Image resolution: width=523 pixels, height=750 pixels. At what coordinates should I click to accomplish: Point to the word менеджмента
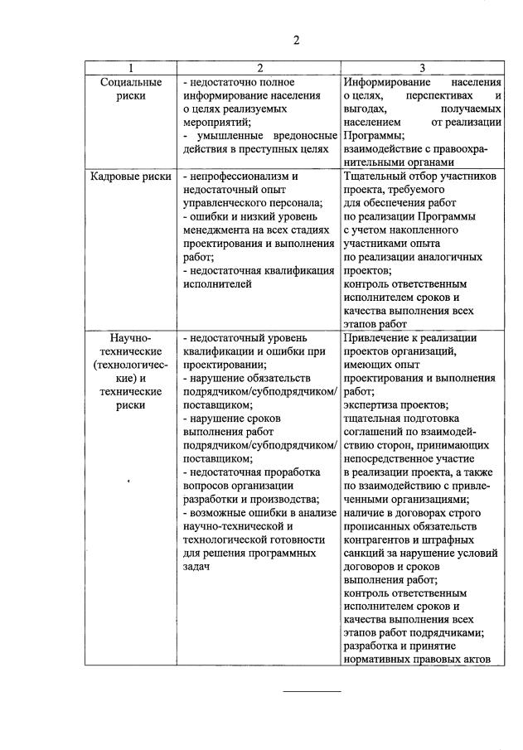(219, 230)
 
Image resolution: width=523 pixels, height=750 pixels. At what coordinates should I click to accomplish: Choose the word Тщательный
(373, 177)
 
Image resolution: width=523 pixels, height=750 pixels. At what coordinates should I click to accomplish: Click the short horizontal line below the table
(312, 691)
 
